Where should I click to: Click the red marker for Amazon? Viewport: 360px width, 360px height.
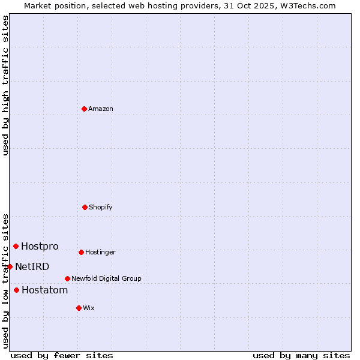pyautogui.click(x=85, y=109)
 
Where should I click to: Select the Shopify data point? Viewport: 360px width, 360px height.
pyautogui.click(x=85, y=207)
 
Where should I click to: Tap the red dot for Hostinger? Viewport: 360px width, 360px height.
pyautogui.click(x=81, y=252)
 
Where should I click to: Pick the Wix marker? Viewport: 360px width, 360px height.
pyautogui.click(x=79, y=308)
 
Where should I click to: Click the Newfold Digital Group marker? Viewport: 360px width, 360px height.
pyautogui.click(x=67, y=278)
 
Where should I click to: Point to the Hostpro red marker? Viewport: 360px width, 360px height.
pyautogui.click(x=16, y=246)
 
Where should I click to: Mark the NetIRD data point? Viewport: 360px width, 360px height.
pyautogui.click(x=10, y=266)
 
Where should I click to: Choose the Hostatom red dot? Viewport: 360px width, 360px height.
pyautogui.click(x=17, y=290)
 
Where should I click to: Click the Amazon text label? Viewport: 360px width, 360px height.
pyautogui.click(x=101, y=109)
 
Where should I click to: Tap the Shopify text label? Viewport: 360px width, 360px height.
pyautogui.click(x=101, y=207)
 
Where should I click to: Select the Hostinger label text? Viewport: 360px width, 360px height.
pyautogui.click(x=100, y=252)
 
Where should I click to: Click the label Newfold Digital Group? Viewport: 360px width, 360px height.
pyautogui.click(x=106, y=278)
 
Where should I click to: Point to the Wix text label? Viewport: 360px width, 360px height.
pyautogui.click(x=89, y=308)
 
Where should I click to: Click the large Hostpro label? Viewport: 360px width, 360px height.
pyautogui.click(x=40, y=246)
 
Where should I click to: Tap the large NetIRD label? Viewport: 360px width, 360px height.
pyautogui.click(x=32, y=266)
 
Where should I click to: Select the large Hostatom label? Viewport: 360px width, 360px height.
pyautogui.click(x=44, y=290)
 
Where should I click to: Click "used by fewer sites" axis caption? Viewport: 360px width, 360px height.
pyautogui.click(x=62, y=355)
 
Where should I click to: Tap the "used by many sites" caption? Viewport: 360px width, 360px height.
pyautogui.click(x=301, y=355)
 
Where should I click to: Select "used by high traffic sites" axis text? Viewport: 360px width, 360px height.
pyautogui.click(x=5, y=86)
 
